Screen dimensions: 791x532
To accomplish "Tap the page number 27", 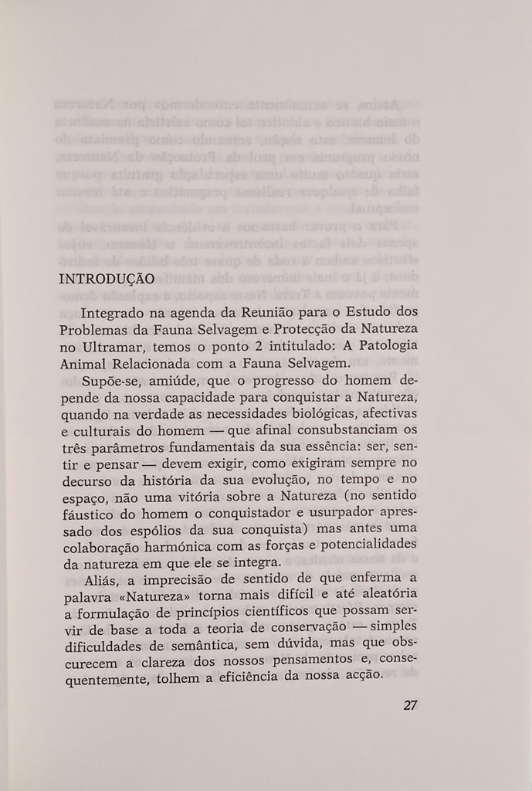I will pos(410,704).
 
